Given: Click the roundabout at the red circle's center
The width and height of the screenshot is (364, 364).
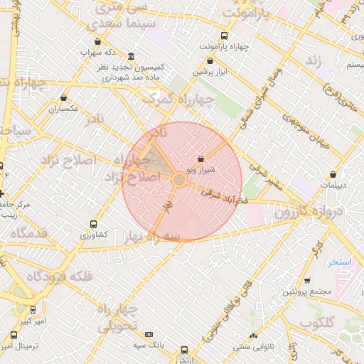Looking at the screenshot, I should pyautogui.click(x=180, y=181).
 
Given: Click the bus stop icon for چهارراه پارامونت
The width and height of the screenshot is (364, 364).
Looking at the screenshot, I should pyautogui.click(x=225, y=35).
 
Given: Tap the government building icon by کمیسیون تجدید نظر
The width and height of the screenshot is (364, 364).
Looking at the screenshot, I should pyautogui.click(x=131, y=56).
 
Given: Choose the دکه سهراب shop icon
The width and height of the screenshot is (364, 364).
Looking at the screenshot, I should pyautogui.click(x=97, y=42).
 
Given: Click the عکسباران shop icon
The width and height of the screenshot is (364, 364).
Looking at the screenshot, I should pyautogui.click(x=64, y=98).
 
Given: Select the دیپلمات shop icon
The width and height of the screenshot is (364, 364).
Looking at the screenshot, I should pyautogui.click(x=333, y=173).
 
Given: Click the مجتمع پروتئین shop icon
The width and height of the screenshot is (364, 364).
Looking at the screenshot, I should pyautogui.click(x=306, y=282).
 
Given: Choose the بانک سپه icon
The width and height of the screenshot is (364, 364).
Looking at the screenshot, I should pyautogui.click(x=149, y=334).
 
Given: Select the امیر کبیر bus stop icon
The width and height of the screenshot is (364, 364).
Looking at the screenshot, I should pyautogui.click(x=33, y=310).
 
